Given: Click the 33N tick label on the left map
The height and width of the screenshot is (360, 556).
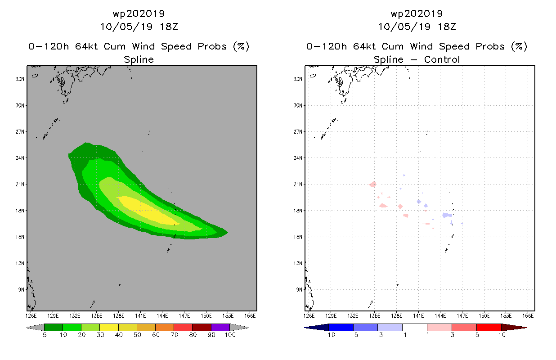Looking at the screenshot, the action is tap(20, 79).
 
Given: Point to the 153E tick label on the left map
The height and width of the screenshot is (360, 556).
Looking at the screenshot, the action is tap(228, 316).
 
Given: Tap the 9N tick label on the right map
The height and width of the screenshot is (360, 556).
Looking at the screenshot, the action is tap(299, 289).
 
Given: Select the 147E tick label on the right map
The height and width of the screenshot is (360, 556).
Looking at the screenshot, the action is tap(462, 316).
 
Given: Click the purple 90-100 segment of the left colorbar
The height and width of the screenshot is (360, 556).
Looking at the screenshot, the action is tap(220, 327).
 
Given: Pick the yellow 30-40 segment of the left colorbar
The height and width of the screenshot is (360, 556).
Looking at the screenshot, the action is tap(109, 327).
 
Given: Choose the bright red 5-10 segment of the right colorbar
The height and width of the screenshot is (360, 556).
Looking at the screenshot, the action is tap(489, 327).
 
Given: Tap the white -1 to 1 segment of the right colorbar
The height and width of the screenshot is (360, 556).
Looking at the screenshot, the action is tap(415, 327).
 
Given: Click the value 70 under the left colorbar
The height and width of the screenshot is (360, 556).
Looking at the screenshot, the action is tap(175, 335).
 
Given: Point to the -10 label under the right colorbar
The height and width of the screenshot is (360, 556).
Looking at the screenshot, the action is tap(329, 335).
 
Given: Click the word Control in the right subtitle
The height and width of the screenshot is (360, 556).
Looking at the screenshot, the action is tap(442, 59).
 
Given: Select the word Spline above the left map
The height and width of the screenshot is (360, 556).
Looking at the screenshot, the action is tap(139, 59).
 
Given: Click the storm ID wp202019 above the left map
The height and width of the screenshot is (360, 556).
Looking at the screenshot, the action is tap(139, 13).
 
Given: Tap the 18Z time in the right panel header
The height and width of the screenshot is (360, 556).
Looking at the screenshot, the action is tap(447, 27).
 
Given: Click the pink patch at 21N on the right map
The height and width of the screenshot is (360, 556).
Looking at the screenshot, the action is tap(373, 184).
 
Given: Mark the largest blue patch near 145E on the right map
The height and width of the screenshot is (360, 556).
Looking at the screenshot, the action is tap(447, 215).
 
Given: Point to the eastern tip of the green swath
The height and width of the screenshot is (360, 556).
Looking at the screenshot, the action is tap(228, 233).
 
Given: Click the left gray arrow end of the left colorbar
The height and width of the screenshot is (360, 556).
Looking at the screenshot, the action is tap(35, 327).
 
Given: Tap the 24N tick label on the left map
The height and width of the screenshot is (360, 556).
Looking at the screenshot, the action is tap(20, 158).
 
